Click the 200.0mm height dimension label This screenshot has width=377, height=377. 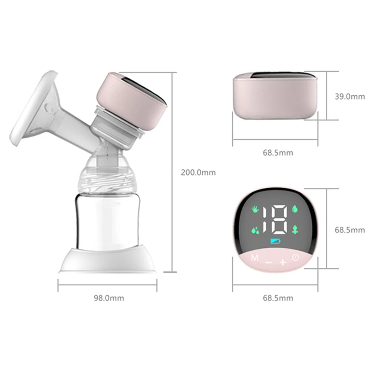[198, 173]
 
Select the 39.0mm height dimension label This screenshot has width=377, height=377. [349, 97]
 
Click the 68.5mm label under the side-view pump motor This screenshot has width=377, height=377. [277, 153]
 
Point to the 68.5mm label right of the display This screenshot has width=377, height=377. [349, 230]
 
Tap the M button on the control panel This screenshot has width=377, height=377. [255, 259]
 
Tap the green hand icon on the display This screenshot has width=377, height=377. [256, 209]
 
